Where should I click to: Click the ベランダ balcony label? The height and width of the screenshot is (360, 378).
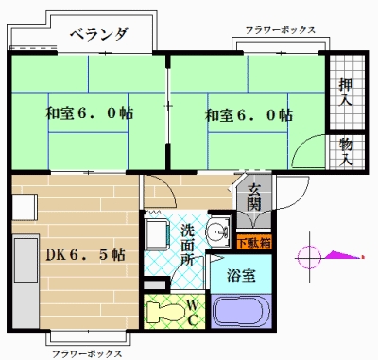pyautogui.click(x=98, y=35)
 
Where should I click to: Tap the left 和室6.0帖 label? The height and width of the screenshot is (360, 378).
pyautogui.click(x=89, y=113)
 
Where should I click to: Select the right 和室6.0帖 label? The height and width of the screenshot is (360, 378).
pyautogui.click(x=249, y=115)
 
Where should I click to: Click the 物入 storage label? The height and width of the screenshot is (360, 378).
pyautogui.click(x=347, y=151)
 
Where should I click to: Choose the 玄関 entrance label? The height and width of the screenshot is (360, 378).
pyautogui.click(x=256, y=196)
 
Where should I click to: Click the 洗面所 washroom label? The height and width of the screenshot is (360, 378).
pyautogui.click(x=188, y=242)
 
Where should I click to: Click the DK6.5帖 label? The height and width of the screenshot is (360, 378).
pyautogui.click(x=85, y=253)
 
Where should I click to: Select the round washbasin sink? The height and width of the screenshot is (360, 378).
pyautogui.click(x=220, y=231)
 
